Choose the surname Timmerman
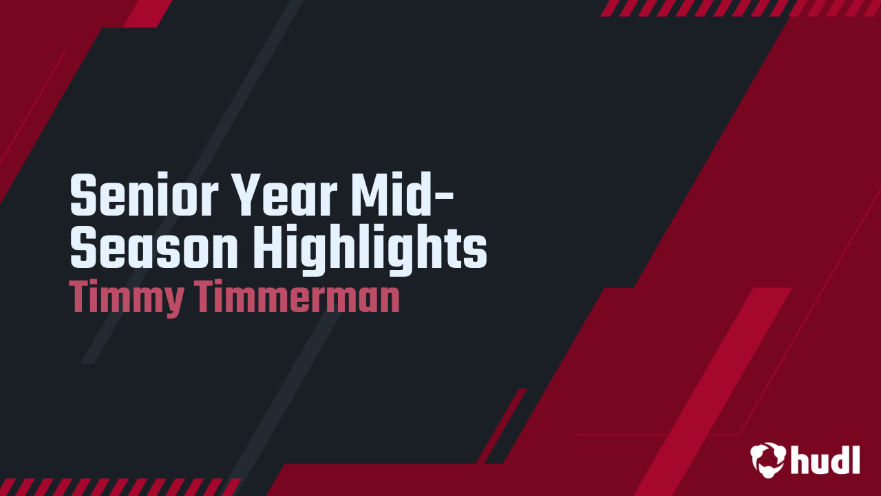tap(297, 298)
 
